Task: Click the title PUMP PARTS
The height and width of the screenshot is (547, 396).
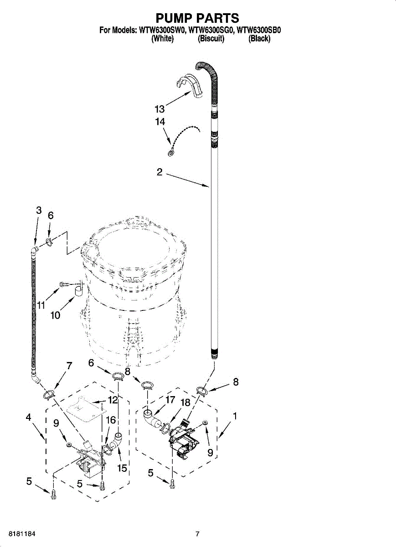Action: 197,18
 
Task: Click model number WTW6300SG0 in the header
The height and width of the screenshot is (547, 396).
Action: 211,31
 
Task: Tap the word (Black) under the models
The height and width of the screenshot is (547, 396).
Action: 259,39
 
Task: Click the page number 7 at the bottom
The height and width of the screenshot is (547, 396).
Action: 198,534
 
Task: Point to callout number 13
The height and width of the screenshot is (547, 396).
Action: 159,109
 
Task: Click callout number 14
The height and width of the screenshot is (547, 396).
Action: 159,122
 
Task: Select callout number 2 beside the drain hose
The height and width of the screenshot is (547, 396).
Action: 159,172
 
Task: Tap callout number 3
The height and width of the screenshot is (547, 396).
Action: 39,210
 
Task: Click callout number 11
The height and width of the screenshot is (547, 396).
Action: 41,305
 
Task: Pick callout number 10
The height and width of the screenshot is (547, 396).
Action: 55,315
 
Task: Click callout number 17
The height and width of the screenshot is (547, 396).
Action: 170,400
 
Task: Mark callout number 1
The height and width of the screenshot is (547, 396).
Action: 235,416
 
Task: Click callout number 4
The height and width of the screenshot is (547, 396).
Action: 28,417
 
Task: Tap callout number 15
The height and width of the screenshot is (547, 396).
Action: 122,468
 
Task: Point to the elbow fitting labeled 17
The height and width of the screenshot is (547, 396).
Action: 152,418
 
